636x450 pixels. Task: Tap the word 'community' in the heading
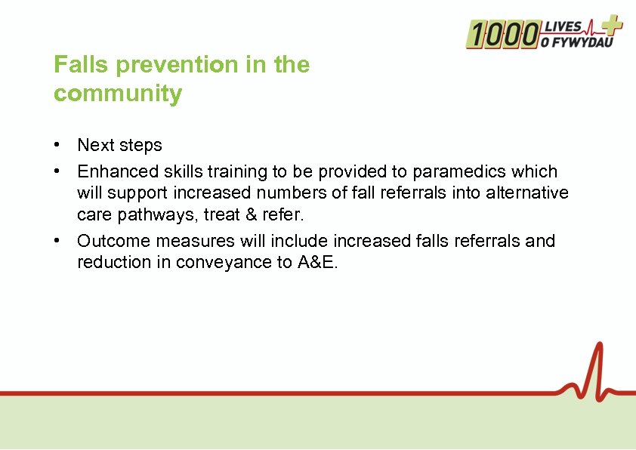118,94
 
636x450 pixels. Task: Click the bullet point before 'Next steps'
57,144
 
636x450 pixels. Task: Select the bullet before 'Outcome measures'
57,241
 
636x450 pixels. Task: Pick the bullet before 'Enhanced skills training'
57,171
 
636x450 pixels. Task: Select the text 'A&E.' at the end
317,263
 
